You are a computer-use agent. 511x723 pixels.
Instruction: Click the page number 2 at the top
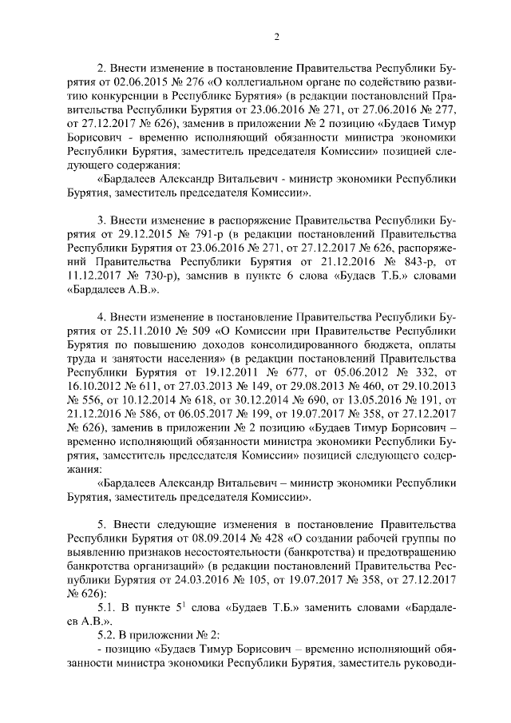276,36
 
